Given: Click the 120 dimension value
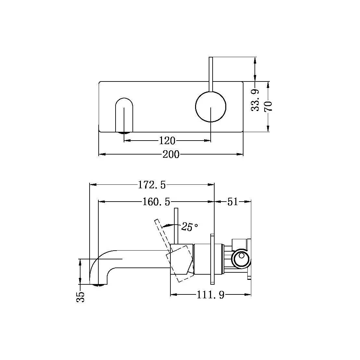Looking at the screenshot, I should coord(167,141).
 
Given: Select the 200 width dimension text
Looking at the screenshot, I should coord(171,155).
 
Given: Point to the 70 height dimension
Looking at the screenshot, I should coord(268,106).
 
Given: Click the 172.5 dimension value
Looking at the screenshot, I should coord(152,185).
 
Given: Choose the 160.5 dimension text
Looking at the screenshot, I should coord(156,202).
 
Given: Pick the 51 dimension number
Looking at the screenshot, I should coord(232,202).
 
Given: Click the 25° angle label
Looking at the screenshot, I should coord(189,227).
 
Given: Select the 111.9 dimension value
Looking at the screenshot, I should coord(210,295).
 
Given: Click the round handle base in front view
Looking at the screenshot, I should coord(211,107).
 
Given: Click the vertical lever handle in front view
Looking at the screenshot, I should coord(211,74).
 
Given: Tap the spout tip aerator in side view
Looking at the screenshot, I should coord(99,285).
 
